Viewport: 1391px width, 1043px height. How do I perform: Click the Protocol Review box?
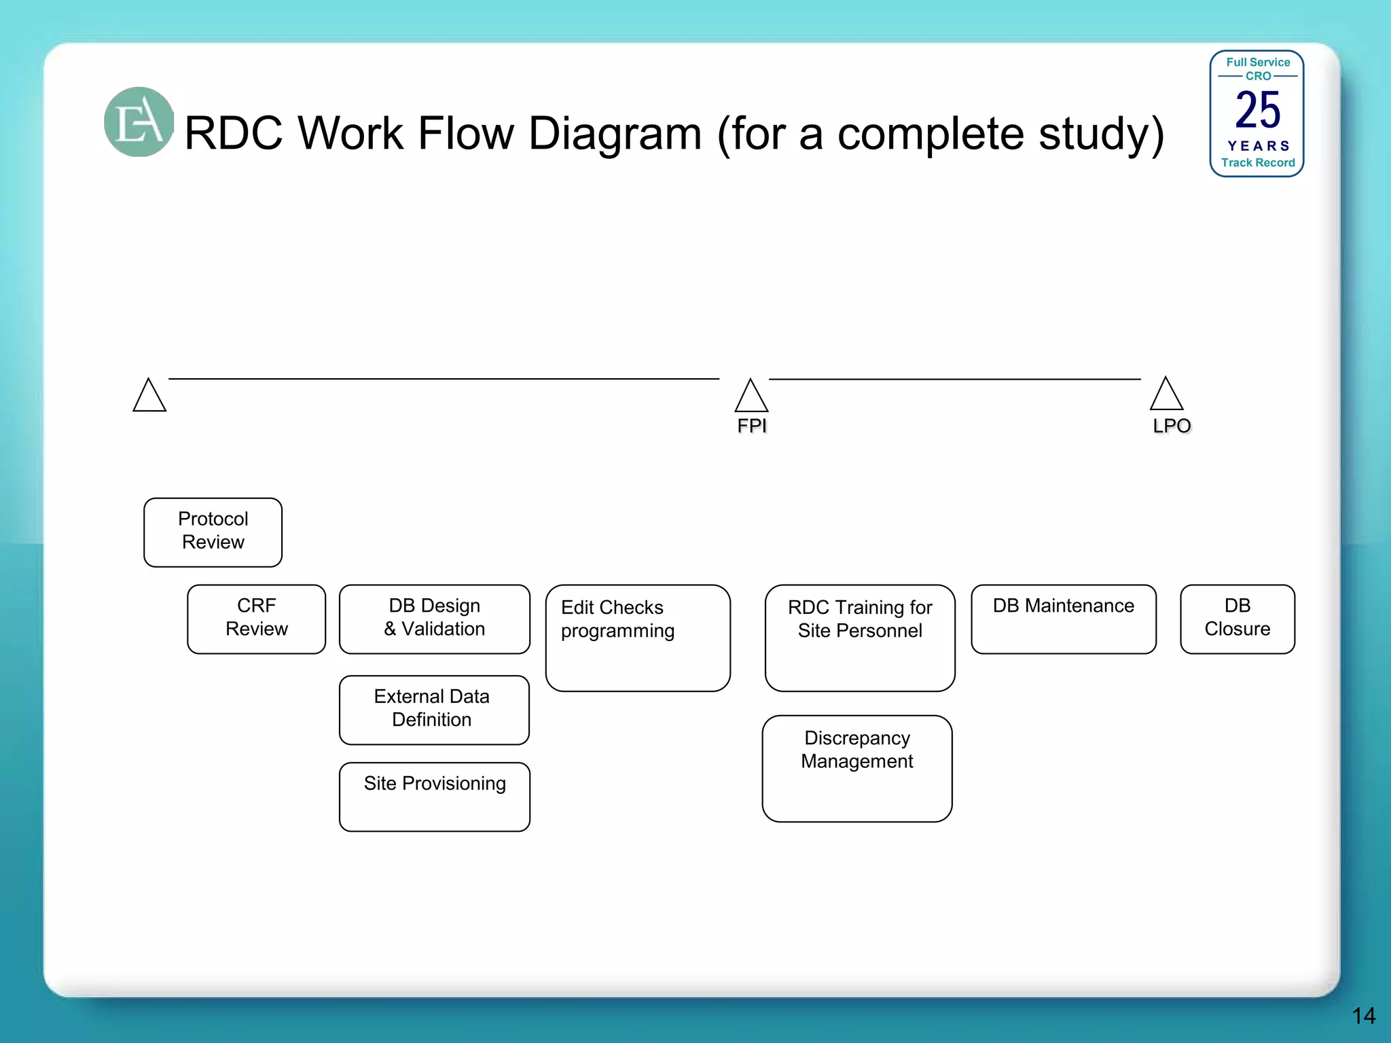(213, 532)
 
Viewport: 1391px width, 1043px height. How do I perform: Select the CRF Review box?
(256, 619)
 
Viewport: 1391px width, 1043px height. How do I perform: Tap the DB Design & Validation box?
(434, 619)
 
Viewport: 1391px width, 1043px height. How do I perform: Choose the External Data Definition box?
(434, 710)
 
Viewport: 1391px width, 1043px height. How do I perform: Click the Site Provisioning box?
(434, 796)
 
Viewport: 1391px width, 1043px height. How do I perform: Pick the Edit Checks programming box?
(637, 638)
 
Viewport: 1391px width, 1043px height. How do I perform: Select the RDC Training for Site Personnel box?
(859, 638)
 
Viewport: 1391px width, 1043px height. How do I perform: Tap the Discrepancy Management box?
(856, 768)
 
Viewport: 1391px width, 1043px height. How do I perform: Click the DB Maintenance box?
(1063, 619)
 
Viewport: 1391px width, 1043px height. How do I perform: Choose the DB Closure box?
(1237, 619)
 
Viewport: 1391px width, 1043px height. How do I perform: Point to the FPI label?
(751, 426)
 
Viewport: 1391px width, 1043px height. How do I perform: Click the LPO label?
(1171, 426)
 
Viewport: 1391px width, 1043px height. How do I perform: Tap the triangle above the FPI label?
(751, 397)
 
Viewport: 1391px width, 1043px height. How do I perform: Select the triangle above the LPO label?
(1166, 395)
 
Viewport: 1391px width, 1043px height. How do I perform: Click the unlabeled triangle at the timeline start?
(149, 397)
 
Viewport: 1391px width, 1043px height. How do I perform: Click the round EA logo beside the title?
(139, 122)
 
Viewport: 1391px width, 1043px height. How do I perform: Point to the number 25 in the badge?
(1257, 110)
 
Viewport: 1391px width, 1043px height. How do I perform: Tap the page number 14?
(1363, 1016)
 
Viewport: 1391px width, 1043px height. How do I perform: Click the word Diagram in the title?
(615, 133)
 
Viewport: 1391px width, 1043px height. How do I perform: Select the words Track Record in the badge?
(1257, 163)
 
